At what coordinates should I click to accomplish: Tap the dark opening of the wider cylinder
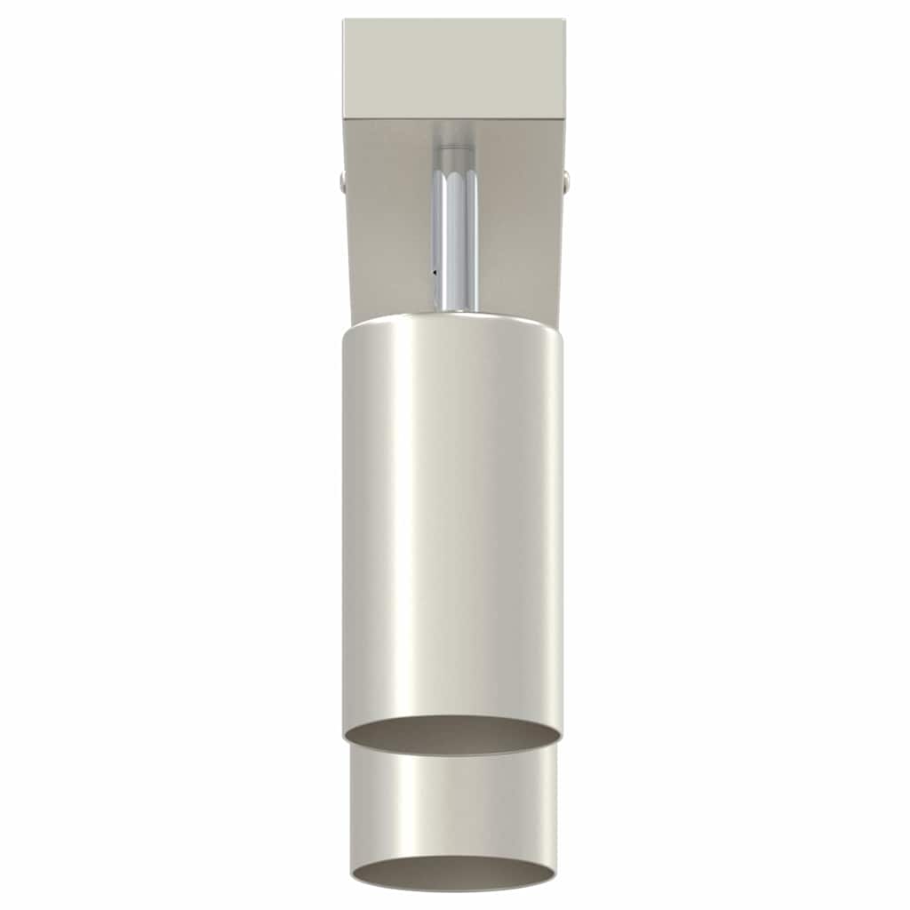point(452,736)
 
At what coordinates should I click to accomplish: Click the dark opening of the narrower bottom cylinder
point(453,873)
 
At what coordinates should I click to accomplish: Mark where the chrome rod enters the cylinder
point(455,310)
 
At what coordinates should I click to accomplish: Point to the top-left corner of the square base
point(344,20)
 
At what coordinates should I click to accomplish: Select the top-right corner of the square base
point(564,20)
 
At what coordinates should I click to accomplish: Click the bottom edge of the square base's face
point(453,120)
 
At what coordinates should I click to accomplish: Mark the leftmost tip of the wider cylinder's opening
point(345,735)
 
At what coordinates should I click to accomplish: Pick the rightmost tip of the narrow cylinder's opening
point(555,872)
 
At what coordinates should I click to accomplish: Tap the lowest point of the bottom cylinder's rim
point(453,890)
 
